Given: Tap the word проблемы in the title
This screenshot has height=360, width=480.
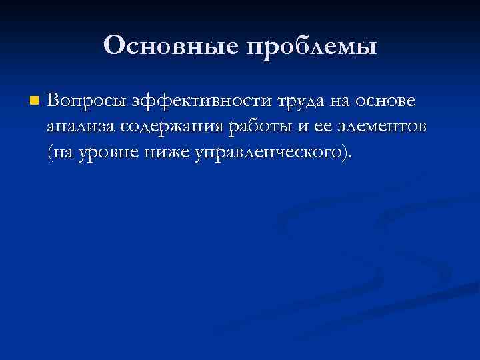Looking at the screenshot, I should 312,47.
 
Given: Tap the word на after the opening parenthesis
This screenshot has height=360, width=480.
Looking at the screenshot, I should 61,153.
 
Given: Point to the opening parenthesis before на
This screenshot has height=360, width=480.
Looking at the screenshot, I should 49,153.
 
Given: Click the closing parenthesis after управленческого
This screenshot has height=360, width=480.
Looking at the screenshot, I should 343,153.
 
